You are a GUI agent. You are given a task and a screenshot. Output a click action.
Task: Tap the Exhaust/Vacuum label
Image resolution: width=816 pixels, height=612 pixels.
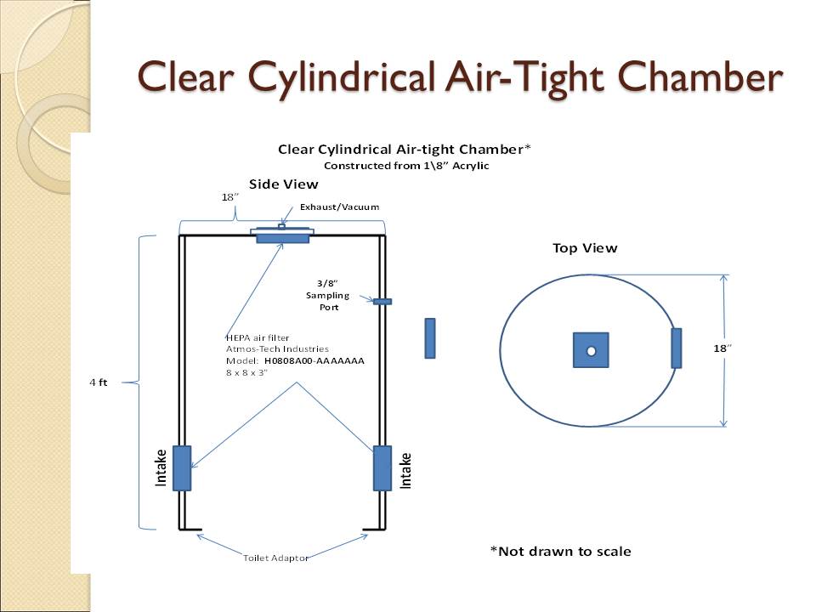(339, 207)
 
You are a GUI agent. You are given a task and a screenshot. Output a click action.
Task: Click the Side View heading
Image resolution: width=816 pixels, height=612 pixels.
(283, 184)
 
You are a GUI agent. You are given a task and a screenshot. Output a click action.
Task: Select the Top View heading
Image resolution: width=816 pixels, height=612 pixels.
(585, 248)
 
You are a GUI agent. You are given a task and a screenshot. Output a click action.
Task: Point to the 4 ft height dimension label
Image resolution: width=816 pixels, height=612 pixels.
(99, 382)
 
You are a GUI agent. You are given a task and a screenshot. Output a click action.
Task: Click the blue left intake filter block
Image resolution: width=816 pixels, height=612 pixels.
(182, 467)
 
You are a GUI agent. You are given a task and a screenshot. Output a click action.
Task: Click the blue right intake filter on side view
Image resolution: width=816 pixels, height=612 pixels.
(382, 467)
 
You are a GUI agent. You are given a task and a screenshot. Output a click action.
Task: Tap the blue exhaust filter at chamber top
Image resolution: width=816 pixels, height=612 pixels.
(283, 238)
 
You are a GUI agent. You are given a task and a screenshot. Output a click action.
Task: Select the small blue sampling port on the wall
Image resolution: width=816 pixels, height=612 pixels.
(382, 301)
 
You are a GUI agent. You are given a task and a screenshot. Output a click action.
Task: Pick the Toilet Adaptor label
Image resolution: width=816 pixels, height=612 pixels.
(276, 558)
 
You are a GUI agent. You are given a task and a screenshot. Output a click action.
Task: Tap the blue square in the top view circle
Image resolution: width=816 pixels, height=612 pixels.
(591, 350)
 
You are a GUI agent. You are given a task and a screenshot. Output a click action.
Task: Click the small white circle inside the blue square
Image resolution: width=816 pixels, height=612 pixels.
(592, 351)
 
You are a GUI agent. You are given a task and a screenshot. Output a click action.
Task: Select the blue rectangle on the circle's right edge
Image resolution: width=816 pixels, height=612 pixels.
(677, 348)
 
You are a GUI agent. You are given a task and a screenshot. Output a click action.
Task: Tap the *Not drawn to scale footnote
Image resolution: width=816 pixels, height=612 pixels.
(560, 552)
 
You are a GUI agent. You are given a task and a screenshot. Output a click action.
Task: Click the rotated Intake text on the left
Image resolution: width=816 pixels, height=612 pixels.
(161, 469)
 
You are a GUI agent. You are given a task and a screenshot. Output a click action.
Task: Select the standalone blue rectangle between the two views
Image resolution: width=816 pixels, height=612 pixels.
(430, 338)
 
